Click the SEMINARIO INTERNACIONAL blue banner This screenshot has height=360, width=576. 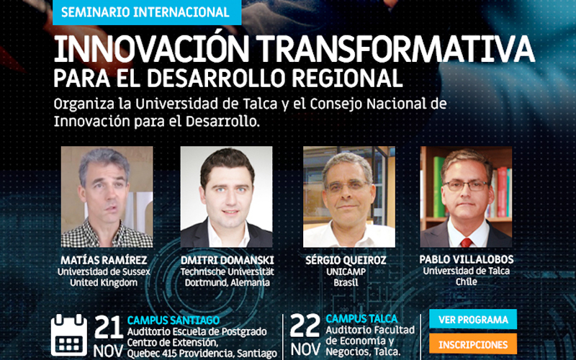147,12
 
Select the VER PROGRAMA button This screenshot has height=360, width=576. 473,319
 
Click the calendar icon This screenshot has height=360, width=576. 69,335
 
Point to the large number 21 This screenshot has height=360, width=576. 109,327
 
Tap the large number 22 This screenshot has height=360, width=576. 305,325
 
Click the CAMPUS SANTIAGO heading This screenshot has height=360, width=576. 174,320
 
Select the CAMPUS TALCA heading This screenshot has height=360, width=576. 362,318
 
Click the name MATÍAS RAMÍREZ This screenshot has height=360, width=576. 104,261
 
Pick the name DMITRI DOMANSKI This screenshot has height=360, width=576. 228,261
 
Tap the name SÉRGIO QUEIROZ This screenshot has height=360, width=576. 346,261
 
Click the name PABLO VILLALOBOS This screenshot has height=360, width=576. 467,259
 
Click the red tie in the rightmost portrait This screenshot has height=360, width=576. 467,243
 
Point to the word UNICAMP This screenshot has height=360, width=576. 346,272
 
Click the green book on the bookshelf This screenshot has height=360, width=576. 439,187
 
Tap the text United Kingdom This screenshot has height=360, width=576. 104,283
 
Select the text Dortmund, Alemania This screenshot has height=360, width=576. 228,283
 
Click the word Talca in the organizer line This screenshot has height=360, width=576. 262,104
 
